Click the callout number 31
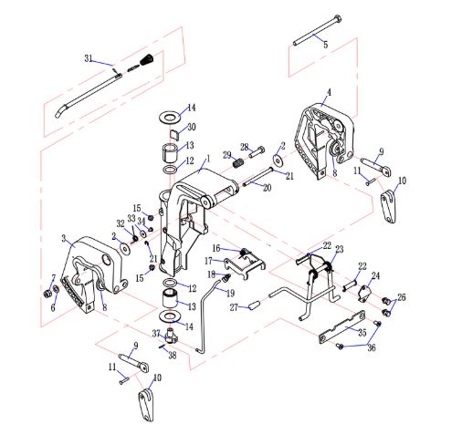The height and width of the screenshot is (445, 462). pyautogui.click(x=89, y=58)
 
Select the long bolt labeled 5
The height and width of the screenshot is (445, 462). pyautogui.click(x=317, y=30)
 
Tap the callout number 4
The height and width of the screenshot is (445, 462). pyautogui.click(x=329, y=92)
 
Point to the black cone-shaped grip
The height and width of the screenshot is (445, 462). pyautogui.click(x=147, y=59)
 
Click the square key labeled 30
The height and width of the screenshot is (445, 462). pyautogui.click(x=173, y=134)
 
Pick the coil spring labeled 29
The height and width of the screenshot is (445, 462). pyautogui.click(x=238, y=163)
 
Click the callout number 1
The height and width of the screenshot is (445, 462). pyautogui.click(x=208, y=159)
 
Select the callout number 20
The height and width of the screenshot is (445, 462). pyautogui.click(x=267, y=188)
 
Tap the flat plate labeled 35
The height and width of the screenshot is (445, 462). pyautogui.click(x=341, y=326)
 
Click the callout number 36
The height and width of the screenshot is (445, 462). pyautogui.click(x=372, y=347)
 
